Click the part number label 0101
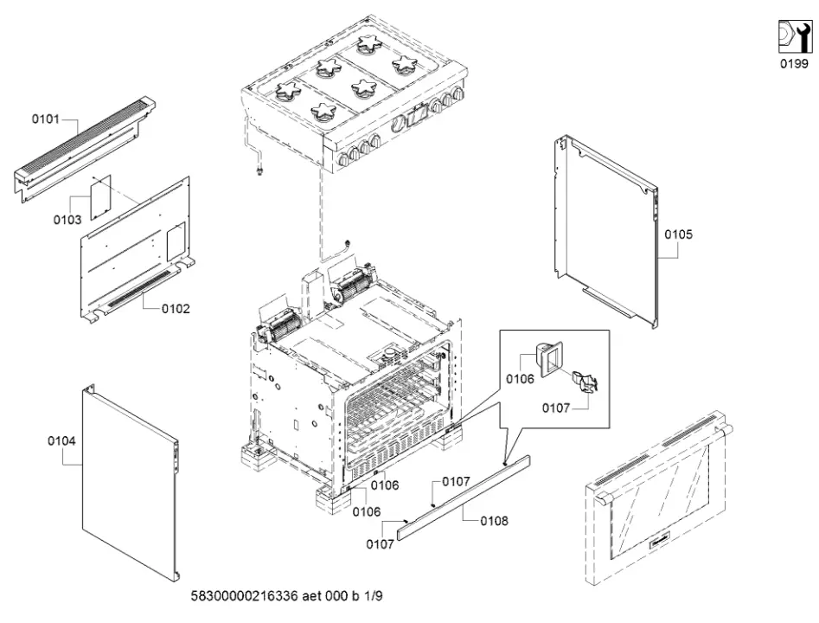tap(46, 119)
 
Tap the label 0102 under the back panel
tap(176, 308)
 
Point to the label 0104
tap(61, 441)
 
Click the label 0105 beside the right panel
tap(678, 234)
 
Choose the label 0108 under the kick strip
tap(494, 521)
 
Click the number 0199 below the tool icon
tap(794, 64)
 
